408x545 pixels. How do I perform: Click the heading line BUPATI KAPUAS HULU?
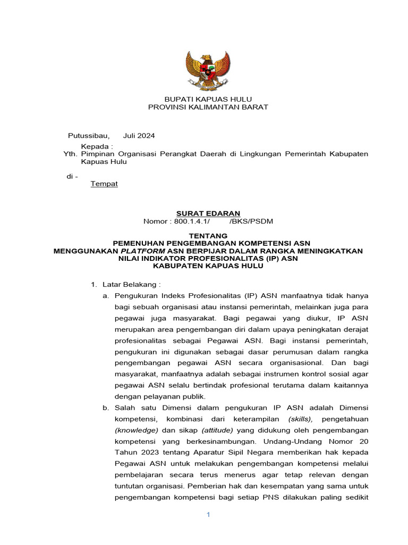pyautogui.click(x=208, y=99)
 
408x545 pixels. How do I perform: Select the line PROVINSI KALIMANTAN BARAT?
pyautogui.click(x=208, y=107)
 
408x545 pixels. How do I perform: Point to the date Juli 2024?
pyautogui.click(x=139, y=135)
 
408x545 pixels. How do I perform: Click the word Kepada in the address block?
pyautogui.click(x=97, y=146)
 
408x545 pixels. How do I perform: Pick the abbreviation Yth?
pyautogui.click(x=70, y=154)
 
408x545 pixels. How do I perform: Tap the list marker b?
pyautogui.click(x=105, y=408)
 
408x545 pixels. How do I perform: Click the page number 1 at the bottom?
pyautogui.click(x=209, y=515)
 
